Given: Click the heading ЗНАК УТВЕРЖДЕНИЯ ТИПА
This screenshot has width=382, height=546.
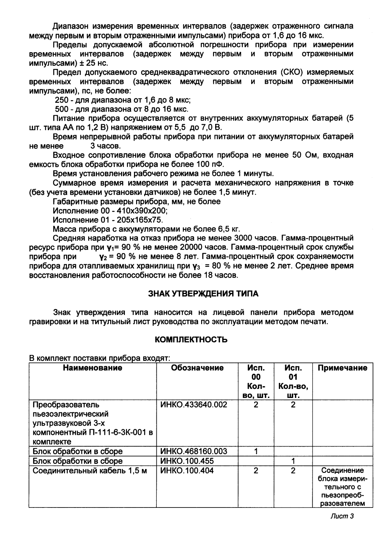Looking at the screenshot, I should pyautogui.click(x=203, y=294).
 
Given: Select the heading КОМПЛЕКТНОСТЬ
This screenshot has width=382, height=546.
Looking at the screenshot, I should pyautogui.click(x=191, y=339).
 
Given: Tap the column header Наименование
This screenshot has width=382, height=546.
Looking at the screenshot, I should pyautogui.click(x=93, y=368).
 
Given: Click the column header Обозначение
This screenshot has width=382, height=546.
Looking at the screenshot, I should pyautogui.click(x=197, y=368).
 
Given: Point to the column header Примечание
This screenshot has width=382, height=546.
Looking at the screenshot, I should pyautogui.click(x=342, y=368).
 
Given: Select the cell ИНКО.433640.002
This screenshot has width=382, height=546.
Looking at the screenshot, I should pyautogui.click(x=193, y=405).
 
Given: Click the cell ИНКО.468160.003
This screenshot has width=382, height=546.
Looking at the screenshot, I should pyautogui.click(x=193, y=451).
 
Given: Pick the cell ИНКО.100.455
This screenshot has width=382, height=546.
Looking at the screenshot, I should pyautogui.click(x=187, y=461).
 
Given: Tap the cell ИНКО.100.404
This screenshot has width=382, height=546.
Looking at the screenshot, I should pyautogui.click(x=187, y=471).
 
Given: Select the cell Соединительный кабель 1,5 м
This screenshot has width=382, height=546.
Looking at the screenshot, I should pyautogui.click(x=90, y=471).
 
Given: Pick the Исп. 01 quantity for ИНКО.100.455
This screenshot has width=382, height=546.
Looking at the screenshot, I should pyautogui.click(x=293, y=461).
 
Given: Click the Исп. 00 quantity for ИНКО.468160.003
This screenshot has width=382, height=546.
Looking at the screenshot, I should pyautogui.click(x=256, y=451).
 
